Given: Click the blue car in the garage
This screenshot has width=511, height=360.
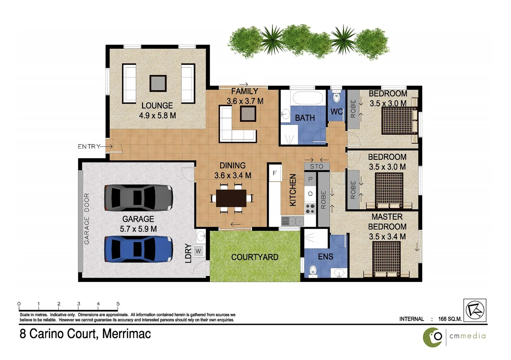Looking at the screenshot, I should point(138,249).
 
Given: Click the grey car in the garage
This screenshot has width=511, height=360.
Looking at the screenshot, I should point(138,198).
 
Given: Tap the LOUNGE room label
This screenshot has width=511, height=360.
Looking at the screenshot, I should point(157,106).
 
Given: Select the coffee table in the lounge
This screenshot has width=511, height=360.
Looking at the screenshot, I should point(158,83).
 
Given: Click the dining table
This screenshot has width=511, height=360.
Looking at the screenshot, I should point(231,198).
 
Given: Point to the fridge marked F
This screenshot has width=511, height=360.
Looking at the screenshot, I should point(275,173).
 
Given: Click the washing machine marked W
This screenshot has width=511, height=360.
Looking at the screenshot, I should point(199,251).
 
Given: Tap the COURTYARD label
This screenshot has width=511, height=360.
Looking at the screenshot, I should point(255,257).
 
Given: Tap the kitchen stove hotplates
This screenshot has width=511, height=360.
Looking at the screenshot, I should point(310,209).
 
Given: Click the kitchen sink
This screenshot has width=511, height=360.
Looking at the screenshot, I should point(292,221).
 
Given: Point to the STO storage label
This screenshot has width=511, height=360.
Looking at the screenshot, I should point(316,166).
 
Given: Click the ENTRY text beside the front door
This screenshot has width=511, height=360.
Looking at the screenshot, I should point(89,146).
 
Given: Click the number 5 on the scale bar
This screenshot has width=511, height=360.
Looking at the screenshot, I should point(118,304).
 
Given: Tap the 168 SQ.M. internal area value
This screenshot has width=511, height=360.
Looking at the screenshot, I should point(450,319).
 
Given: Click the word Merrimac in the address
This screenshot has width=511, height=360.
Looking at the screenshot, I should point(127,334).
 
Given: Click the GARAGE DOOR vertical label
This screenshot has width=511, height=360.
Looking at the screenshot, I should point(87,218).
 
